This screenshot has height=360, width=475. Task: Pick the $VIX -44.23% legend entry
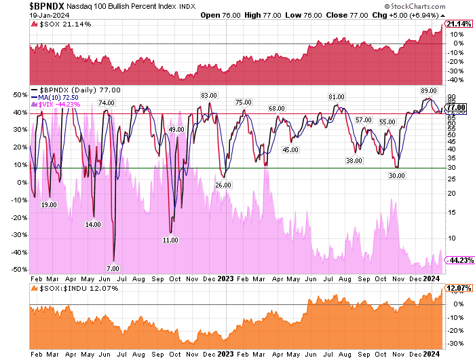[x=60, y=105]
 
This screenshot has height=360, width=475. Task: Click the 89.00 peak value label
[x=428, y=90]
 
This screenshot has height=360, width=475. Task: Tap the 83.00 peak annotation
[x=208, y=95]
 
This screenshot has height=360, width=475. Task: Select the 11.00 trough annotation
[x=170, y=240]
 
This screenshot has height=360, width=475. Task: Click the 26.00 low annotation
[x=223, y=185]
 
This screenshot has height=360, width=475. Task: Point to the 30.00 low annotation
[x=396, y=175]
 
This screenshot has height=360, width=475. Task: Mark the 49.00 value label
[x=176, y=129]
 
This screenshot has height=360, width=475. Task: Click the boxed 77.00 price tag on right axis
[x=456, y=107]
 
